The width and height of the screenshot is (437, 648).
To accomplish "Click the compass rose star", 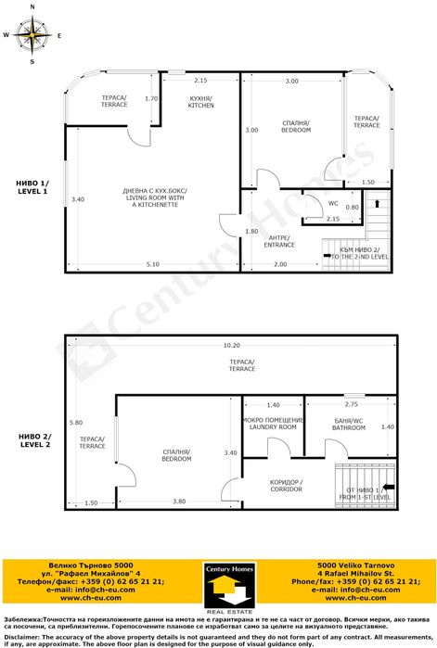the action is pos(32,34).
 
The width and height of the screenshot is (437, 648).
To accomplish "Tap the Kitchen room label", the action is pos(201,102).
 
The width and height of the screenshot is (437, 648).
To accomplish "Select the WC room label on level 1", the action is pos(333,203).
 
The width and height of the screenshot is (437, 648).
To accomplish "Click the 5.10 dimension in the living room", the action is pos(152,264).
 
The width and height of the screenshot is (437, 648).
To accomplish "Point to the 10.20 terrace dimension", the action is pos(232,345).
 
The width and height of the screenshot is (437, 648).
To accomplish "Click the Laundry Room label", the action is pos(273,424).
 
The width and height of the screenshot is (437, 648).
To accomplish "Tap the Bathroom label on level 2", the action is pos(349,425).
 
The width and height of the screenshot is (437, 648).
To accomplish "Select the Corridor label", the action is pos(286,486).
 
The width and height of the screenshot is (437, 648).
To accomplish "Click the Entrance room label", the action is pos(279,241).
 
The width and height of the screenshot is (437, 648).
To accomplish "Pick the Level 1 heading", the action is pos(32,187).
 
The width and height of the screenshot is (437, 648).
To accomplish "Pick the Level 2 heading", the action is pos(35,440).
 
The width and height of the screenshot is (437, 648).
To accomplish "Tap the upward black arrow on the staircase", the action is pos(377,203).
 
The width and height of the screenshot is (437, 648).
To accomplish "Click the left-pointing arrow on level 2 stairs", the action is pos(389,487).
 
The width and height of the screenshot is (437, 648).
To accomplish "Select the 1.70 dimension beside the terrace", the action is pos(151,99).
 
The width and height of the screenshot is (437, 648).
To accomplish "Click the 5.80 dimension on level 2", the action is pos(76,423).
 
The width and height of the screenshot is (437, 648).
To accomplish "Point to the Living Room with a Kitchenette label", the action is pos(155,197).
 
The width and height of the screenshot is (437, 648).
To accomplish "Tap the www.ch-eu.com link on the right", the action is pos(355,598).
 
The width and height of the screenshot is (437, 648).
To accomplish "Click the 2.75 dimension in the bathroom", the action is pos(351,404).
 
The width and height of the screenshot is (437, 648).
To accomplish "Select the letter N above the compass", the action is pos(32,7).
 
